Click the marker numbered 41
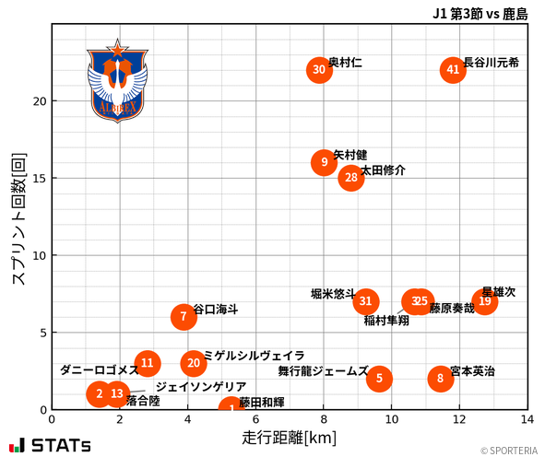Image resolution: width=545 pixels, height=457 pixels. (453, 70)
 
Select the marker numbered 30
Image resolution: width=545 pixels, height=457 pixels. (319, 70)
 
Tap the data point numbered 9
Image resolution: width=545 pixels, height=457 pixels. (323, 162)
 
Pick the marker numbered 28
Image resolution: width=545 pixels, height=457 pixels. (350, 178)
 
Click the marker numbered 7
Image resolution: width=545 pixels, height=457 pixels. (184, 317)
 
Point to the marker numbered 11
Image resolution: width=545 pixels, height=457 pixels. (148, 363)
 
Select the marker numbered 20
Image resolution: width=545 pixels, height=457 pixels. (193, 363)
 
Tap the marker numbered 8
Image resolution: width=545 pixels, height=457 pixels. (441, 379)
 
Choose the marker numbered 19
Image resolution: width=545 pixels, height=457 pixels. (485, 301)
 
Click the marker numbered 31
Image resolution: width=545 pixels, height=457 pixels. (366, 301)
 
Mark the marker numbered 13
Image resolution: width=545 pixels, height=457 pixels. (116, 394)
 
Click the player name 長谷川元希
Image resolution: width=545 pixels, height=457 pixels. (491, 63)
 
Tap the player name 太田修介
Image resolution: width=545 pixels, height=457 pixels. (383, 170)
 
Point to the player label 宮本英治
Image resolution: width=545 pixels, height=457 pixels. (472, 371)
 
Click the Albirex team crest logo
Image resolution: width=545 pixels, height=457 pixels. (117, 80)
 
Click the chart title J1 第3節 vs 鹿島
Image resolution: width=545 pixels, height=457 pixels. (480, 14)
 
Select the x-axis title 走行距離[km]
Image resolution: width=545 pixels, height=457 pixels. (289, 436)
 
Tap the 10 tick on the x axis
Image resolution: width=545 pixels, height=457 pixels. (392, 419)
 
